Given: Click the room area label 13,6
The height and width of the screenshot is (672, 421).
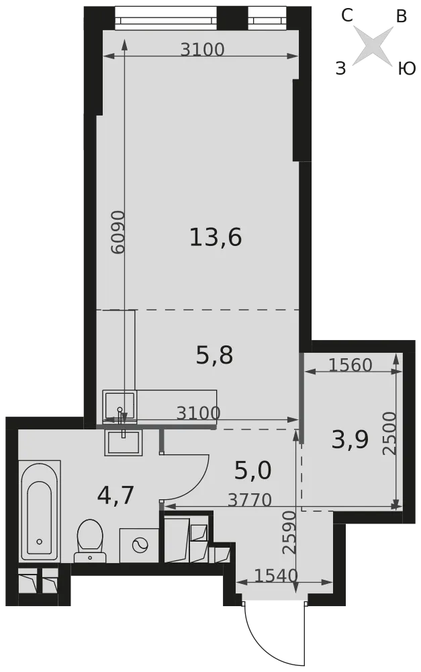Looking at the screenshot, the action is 216,237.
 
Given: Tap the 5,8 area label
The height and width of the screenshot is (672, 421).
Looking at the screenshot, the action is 214,355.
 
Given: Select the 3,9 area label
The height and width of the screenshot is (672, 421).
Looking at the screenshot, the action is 350,439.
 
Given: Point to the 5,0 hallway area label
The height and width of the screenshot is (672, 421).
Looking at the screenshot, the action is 252,470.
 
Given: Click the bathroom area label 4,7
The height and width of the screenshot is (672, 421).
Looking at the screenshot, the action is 115,495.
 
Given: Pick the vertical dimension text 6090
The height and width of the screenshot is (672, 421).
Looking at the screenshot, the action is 118,232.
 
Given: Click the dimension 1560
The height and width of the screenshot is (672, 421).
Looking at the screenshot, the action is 350,365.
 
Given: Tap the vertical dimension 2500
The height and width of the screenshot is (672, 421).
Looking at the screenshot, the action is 389,433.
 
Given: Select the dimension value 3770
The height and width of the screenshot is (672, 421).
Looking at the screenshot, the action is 250,499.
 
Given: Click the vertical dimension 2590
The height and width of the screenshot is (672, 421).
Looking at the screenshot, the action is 289,532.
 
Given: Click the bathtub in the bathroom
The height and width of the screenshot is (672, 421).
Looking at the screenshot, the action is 40,511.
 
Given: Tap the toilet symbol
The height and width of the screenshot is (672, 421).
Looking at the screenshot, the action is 90,541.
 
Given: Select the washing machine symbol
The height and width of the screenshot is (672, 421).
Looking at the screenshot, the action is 139,546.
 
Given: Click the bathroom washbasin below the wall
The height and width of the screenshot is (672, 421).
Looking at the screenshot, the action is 122,443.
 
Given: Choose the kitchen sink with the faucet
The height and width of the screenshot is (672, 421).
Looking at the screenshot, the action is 120,405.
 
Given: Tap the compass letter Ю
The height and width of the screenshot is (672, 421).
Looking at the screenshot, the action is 407,69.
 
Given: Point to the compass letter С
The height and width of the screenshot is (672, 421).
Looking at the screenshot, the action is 347,16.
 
